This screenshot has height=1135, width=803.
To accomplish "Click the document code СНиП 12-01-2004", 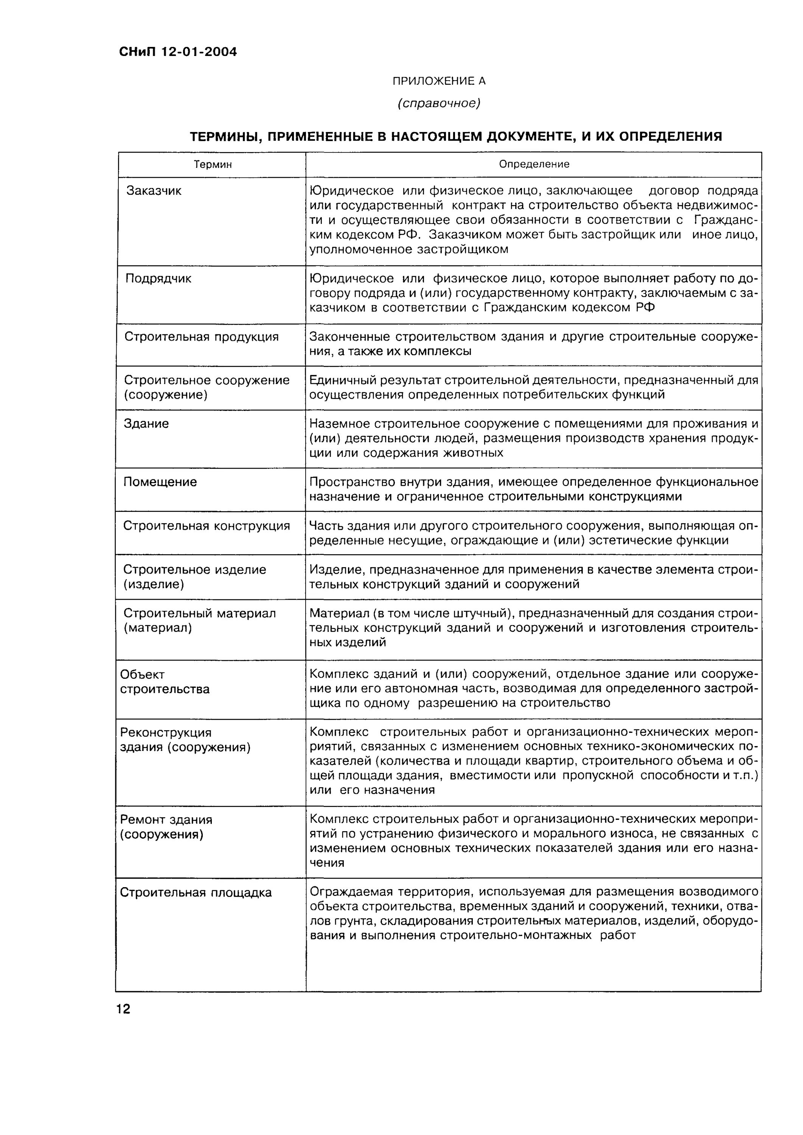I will pyautogui.click(x=177, y=52).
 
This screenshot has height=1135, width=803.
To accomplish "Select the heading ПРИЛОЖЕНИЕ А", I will pyautogui.click(x=439, y=81).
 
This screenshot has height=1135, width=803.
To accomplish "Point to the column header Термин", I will pyautogui.click(x=212, y=165).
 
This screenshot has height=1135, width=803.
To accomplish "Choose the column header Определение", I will pyautogui.click(x=534, y=164).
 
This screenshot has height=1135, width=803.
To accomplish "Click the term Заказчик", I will pyautogui.click(x=154, y=191).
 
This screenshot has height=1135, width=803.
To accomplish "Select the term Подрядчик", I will pyautogui.click(x=158, y=279).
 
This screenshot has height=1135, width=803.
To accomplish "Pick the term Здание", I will pyautogui.click(x=146, y=424).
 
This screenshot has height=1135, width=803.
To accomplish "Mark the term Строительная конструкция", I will pyautogui.click(x=206, y=526).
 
